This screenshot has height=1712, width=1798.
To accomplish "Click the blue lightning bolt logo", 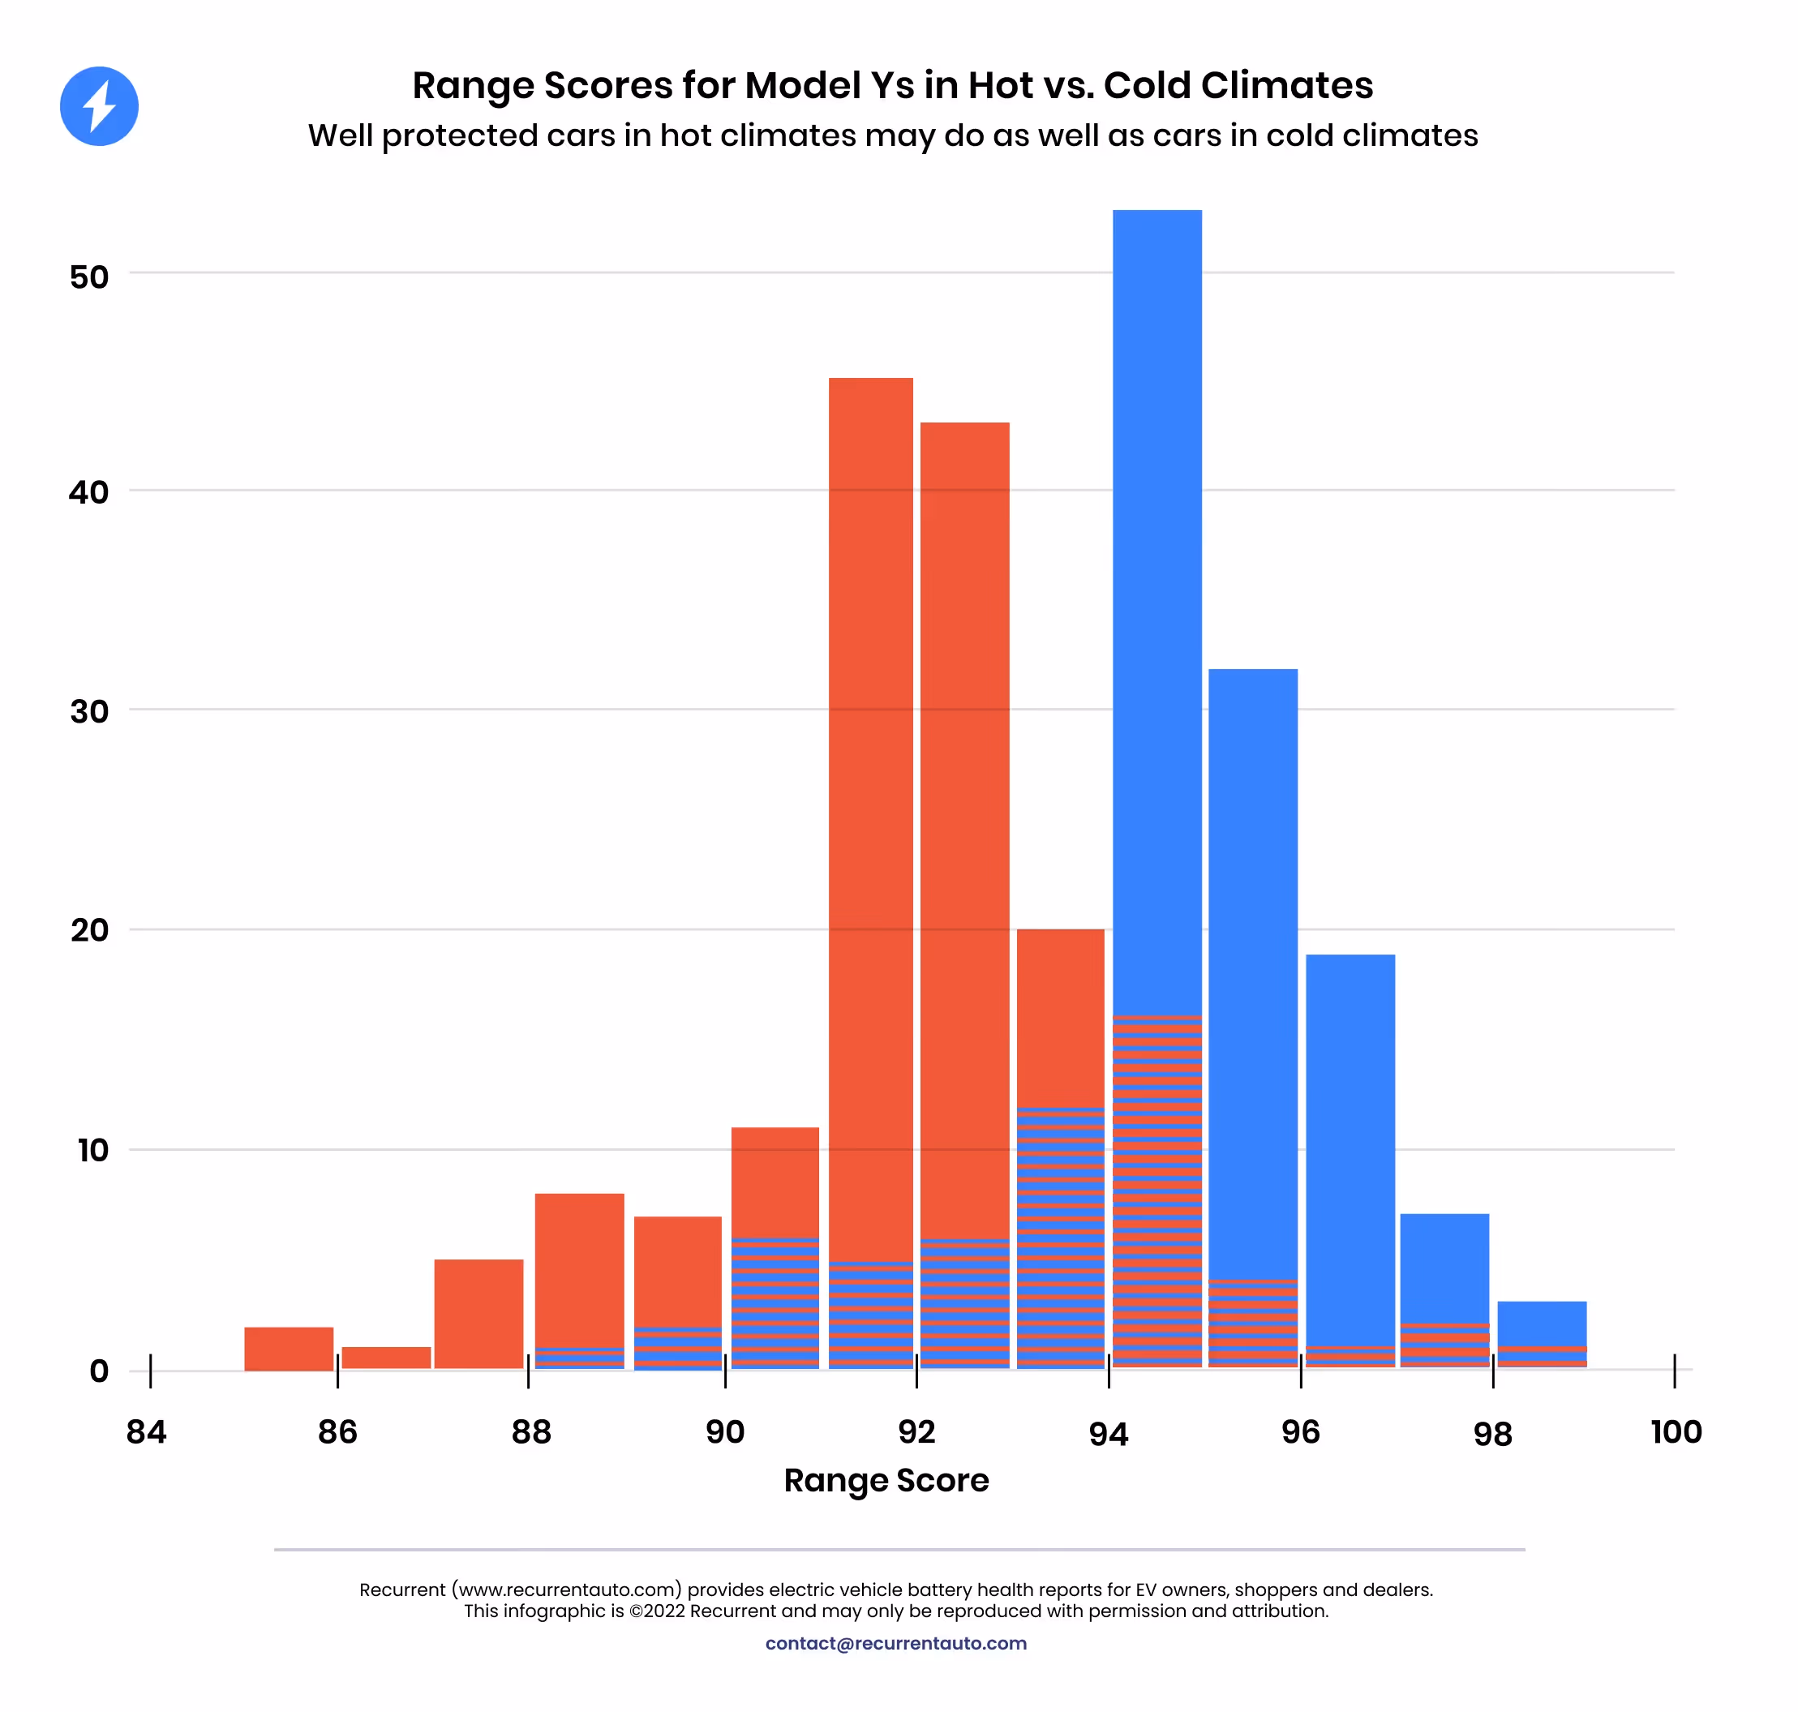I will tap(99, 106).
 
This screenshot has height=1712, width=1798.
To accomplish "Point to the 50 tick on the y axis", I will tap(89, 277).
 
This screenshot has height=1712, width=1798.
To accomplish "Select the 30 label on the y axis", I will tap(89, 711).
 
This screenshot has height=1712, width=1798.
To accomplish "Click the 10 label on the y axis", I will tap(92, 1150).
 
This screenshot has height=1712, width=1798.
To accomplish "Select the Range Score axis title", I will tap(886, 1479).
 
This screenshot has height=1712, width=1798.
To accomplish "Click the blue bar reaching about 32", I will tap(1252, 959).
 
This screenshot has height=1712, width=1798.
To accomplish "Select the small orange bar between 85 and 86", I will tap(289, 1348).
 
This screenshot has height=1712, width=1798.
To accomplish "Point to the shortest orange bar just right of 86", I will tap(386, 1357).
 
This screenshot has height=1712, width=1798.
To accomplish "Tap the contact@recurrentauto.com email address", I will tap(895, 1642).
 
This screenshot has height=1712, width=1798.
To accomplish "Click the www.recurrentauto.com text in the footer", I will tap(566, 1590).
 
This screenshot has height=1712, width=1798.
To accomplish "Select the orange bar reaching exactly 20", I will tap(1060, 1013).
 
